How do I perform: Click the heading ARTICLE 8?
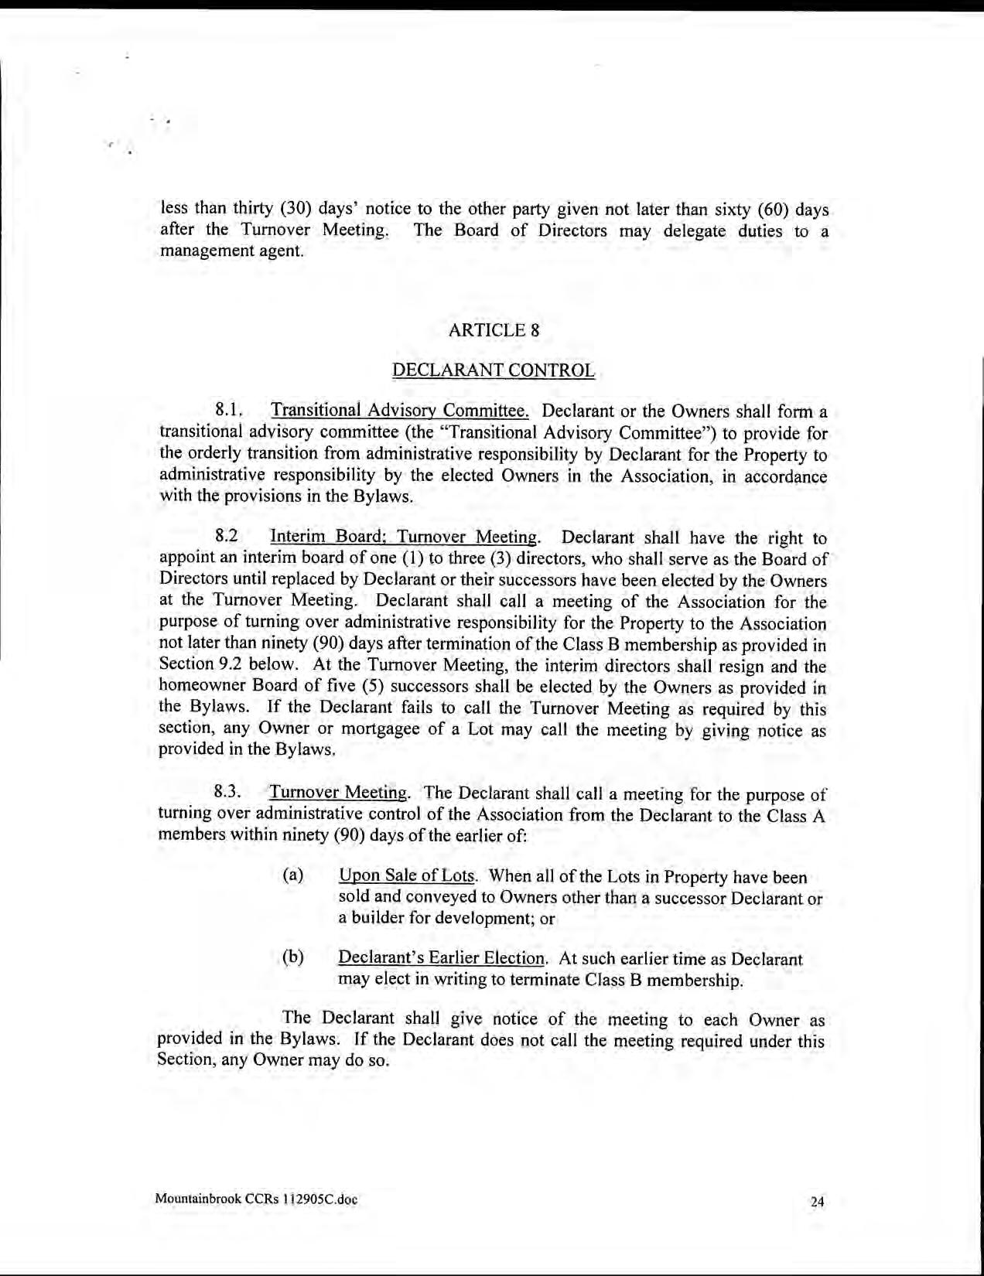click(x=494, y=330)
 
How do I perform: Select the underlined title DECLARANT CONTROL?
click(x=494, y=370)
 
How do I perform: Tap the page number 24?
click(x=818, y=1202)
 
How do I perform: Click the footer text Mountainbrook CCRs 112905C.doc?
click(x=256, y=1199)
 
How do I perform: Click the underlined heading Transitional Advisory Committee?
click(x=399, y=410)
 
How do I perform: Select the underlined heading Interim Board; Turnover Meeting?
click(x=403, y=537)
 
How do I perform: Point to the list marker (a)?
click(x=292, y=875)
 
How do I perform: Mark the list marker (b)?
click(x=292, y=957)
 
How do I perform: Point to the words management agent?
click(x=231, y=251)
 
